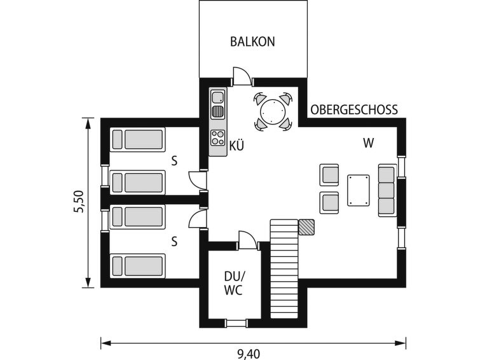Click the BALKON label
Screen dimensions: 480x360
point(252,42)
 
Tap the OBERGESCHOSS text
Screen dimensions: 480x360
point(354,109)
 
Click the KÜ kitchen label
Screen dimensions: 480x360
point(237,145)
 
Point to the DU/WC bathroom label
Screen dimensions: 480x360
point(234,283)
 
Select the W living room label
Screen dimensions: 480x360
point(369,143)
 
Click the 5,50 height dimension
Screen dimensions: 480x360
point(78,202)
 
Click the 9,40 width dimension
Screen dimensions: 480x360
point(249,354)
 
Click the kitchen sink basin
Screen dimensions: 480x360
point(218,97)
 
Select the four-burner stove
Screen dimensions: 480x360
point(218,137)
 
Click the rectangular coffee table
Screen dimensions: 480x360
point(358,190)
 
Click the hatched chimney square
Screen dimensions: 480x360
point(306,227)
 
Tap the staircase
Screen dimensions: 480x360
point(284,268)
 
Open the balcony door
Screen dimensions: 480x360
point(242,76)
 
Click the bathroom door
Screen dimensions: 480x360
point(247,240)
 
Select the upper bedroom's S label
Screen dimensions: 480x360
point(174,161)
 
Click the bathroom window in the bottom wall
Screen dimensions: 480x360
point(236,324)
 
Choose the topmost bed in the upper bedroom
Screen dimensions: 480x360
point(138,139)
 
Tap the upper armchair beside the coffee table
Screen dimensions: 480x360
point(329,175)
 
